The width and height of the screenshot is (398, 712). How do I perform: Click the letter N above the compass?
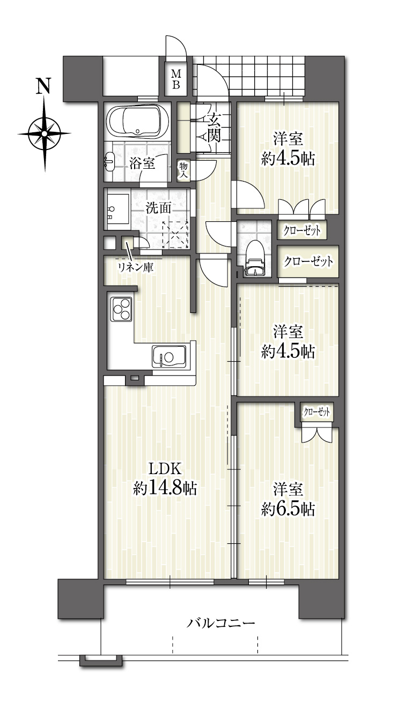44,86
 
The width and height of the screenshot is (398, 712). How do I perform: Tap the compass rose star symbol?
44,133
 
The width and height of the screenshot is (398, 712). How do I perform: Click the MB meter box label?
176,79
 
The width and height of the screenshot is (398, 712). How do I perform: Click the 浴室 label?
142,164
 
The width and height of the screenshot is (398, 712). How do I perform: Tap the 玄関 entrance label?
214,128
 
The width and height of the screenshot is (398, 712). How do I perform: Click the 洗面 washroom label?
158,208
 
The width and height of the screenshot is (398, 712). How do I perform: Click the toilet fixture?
255,258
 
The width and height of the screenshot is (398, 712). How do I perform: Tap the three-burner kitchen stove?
121,309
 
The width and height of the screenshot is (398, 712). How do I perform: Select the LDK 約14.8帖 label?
165,479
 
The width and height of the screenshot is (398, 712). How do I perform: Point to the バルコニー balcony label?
220,623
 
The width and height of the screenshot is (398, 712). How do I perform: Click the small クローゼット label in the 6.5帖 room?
316,413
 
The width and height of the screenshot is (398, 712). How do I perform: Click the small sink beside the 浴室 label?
109,161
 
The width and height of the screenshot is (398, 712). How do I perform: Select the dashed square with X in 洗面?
175,235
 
